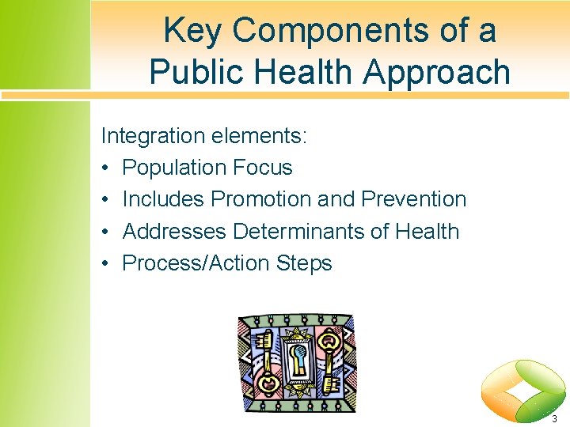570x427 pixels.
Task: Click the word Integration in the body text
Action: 153,136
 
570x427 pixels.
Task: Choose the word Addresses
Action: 174,232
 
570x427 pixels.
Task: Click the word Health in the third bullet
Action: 427,232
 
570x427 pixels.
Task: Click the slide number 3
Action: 554,418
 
